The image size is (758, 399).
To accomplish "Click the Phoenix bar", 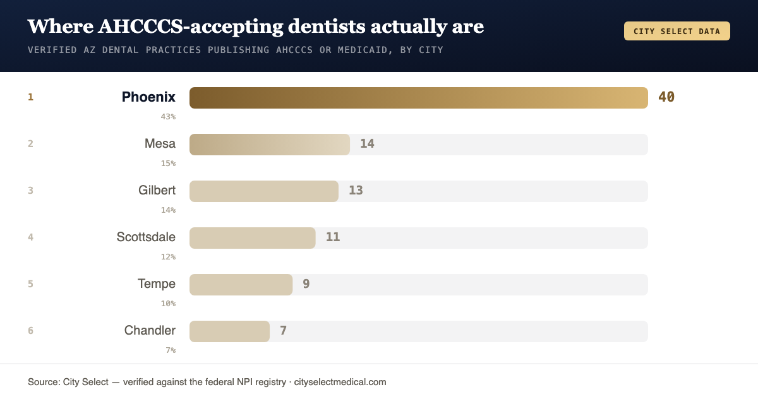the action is coord(419,98).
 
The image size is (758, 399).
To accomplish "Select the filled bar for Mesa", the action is coord(270,145).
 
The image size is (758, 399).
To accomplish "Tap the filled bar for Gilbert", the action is coord(264,191).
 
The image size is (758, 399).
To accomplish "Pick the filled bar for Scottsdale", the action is coord(253,238).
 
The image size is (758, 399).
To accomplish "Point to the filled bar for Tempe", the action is coord(241,284).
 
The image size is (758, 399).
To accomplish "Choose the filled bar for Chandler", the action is coord(229,331).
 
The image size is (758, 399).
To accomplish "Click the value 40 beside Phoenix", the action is coord(666,97).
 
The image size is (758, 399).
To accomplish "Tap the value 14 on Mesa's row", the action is coord(367,144).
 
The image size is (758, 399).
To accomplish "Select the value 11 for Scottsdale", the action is coord(333,237).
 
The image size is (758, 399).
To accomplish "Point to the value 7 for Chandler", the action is coord(283,330).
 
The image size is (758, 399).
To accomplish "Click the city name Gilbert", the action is coord(157,191).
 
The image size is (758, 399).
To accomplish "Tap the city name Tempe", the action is coord(157,283).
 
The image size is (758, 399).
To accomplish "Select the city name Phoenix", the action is coord(148,97).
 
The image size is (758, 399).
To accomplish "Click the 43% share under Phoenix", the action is coord(168,117).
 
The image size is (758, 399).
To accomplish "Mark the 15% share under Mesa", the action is coord(168,164).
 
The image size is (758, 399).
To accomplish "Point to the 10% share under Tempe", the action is coord(168,303).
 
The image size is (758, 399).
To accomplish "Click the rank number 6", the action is coord(30,330).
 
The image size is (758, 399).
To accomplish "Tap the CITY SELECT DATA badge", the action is coord(677,31).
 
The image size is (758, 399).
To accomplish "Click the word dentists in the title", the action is coord(327,27).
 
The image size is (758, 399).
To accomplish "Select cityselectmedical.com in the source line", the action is coord(340,382).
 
